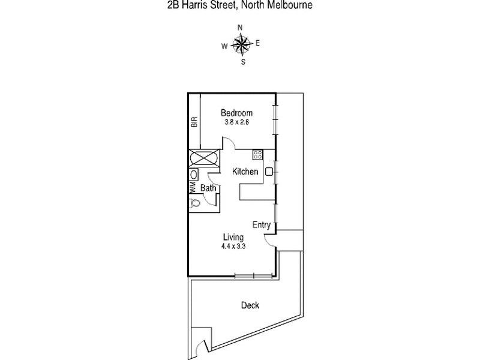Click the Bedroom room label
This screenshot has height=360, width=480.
coord(236,113)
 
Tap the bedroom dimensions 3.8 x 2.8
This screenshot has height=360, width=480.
coord(236,122)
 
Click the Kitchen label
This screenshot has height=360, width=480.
coord(245,172)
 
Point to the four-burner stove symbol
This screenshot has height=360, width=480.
coord(257,155)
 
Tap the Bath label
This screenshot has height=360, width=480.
coord(208,188)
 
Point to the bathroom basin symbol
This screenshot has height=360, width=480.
coord(194,175)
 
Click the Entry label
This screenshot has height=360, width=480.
coord(261,225)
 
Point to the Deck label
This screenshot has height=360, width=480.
coord(250,305)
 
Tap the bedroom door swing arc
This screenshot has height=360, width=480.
coord(228,142)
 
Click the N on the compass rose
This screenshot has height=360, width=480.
coord(240,28)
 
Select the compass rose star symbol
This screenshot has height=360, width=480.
coord(241,44)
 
